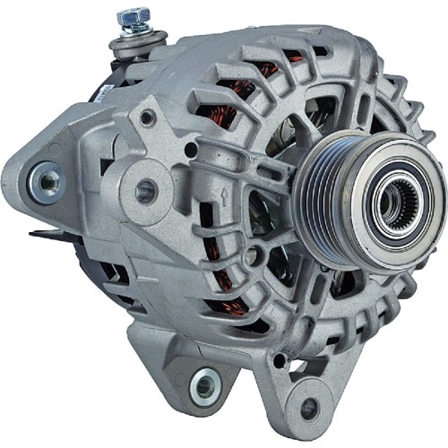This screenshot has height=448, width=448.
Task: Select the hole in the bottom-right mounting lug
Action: pyautogui.click(x=309, y=408)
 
